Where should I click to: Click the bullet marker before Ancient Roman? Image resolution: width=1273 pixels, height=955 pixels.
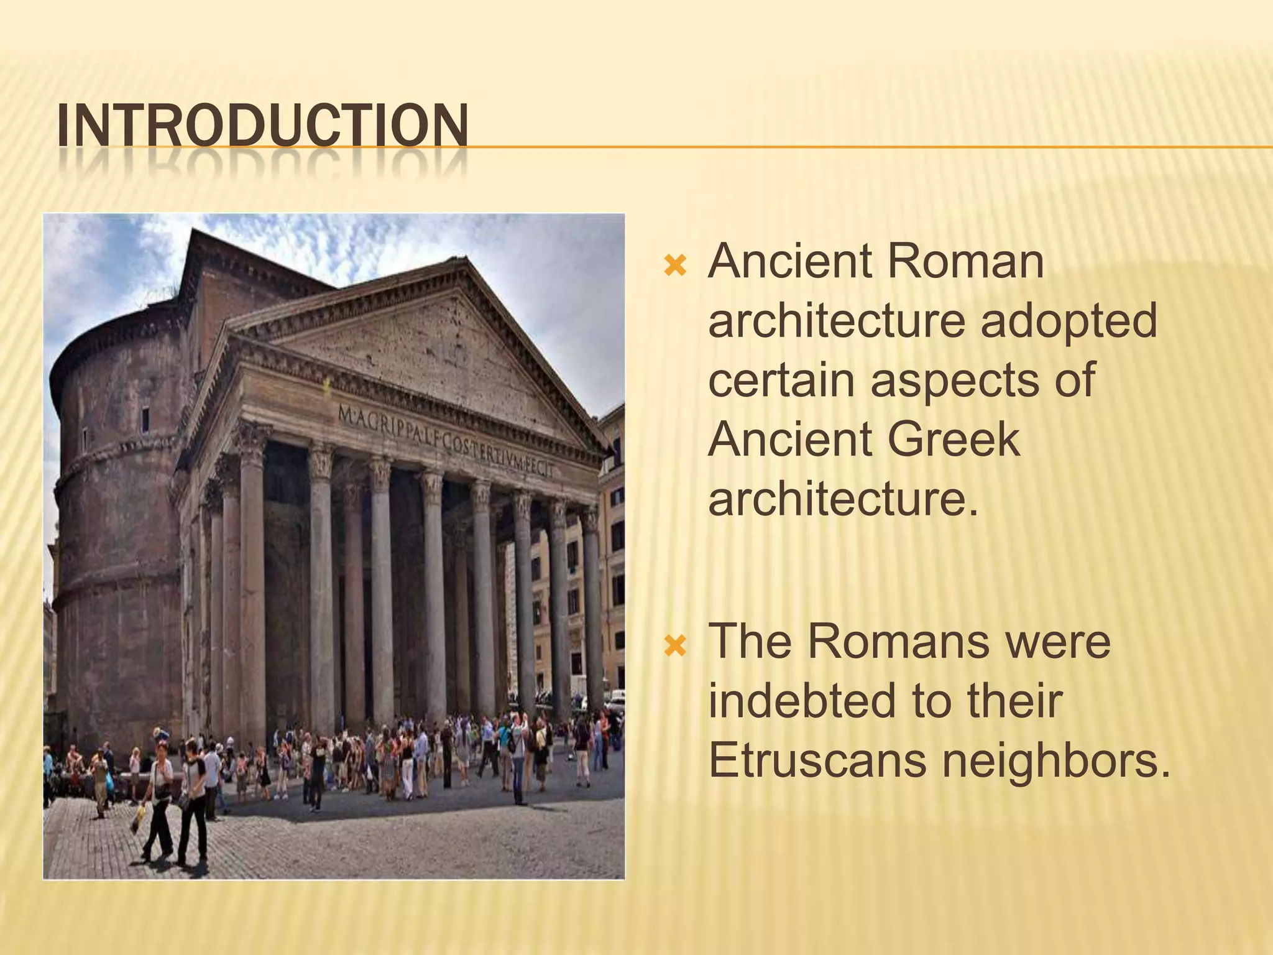point(674,267)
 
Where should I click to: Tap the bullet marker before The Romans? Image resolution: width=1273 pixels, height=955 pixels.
point(674,647)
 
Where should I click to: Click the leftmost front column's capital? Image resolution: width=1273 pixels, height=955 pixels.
point(252,435)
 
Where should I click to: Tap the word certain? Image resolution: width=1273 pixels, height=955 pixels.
point(781,381)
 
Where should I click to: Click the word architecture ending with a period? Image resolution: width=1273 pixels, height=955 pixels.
point(843,500)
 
